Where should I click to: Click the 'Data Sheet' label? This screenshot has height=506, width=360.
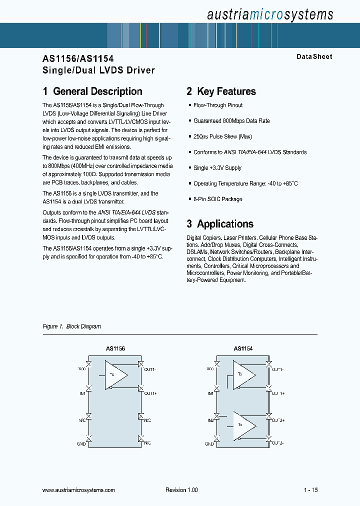(314, 57)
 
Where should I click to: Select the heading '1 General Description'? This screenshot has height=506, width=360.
(92, 91)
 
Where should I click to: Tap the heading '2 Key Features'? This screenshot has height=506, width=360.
(221, 91)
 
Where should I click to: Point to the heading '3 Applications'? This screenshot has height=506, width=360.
(220, 224)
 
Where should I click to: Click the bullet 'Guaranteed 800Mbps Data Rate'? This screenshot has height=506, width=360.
(231, 121)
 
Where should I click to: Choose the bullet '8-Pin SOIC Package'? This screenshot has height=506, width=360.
(217, 199)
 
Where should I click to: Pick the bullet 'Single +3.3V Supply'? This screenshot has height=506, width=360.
(217, 168)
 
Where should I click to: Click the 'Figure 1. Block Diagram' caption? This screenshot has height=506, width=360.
(72, 326)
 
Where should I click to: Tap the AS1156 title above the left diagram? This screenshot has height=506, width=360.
(115, 348)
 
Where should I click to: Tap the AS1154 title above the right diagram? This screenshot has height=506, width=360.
(243, 348)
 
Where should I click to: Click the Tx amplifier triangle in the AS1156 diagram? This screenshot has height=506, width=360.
(115, 375)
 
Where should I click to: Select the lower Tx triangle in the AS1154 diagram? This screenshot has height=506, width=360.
(243, 424)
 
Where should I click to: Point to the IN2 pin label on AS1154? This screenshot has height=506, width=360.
(210, 420)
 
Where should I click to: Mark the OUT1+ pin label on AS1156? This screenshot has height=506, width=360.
(150, 393)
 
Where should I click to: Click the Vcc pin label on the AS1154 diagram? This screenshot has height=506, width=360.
(210, 369)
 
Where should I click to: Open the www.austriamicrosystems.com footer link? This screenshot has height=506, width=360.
(79, 490)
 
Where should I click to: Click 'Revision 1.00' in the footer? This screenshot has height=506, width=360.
(181, 490)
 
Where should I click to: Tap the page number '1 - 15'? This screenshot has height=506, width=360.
(310, 490)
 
